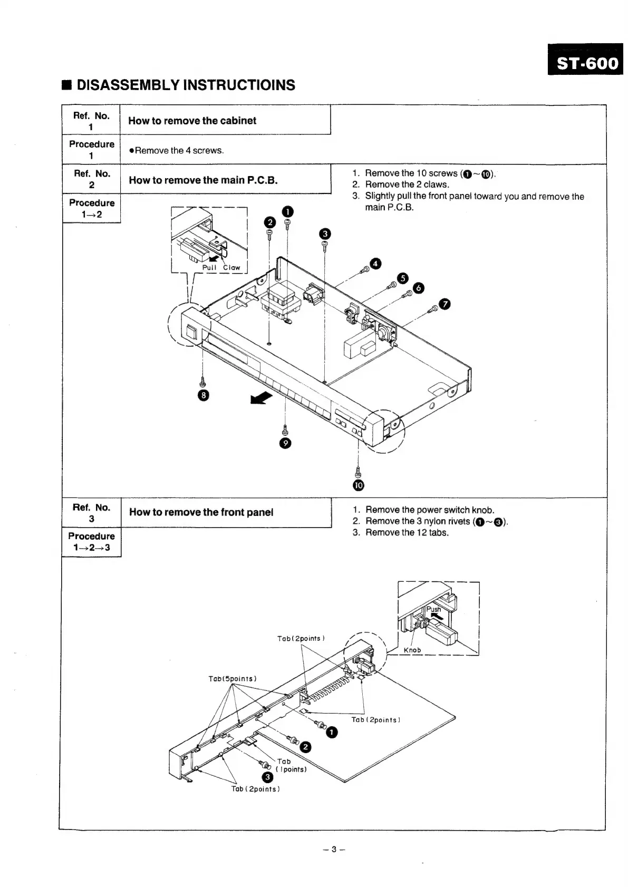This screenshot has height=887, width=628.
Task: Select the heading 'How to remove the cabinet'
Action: point(192,121)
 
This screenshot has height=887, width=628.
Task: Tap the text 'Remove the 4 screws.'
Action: point(179,151)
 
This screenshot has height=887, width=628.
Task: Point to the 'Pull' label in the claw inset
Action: point(209,268)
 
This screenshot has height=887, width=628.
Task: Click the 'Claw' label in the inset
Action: point(231,268)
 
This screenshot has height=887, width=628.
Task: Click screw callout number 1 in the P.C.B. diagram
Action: point(287,211)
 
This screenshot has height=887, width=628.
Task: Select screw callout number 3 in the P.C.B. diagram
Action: point(325,233)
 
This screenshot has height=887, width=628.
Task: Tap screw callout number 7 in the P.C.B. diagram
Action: point(445,304)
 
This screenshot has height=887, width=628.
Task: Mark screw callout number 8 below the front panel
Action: point(203,396)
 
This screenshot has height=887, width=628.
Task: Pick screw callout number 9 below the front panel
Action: point(285,443)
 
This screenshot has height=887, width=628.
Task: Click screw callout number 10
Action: point(359,485)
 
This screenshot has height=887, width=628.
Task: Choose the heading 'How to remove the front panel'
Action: point(201,512)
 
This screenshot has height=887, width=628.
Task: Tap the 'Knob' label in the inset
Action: point(412,650)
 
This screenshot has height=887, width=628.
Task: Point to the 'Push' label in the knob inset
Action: point(433,609)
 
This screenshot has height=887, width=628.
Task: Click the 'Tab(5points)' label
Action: point(233,678)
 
